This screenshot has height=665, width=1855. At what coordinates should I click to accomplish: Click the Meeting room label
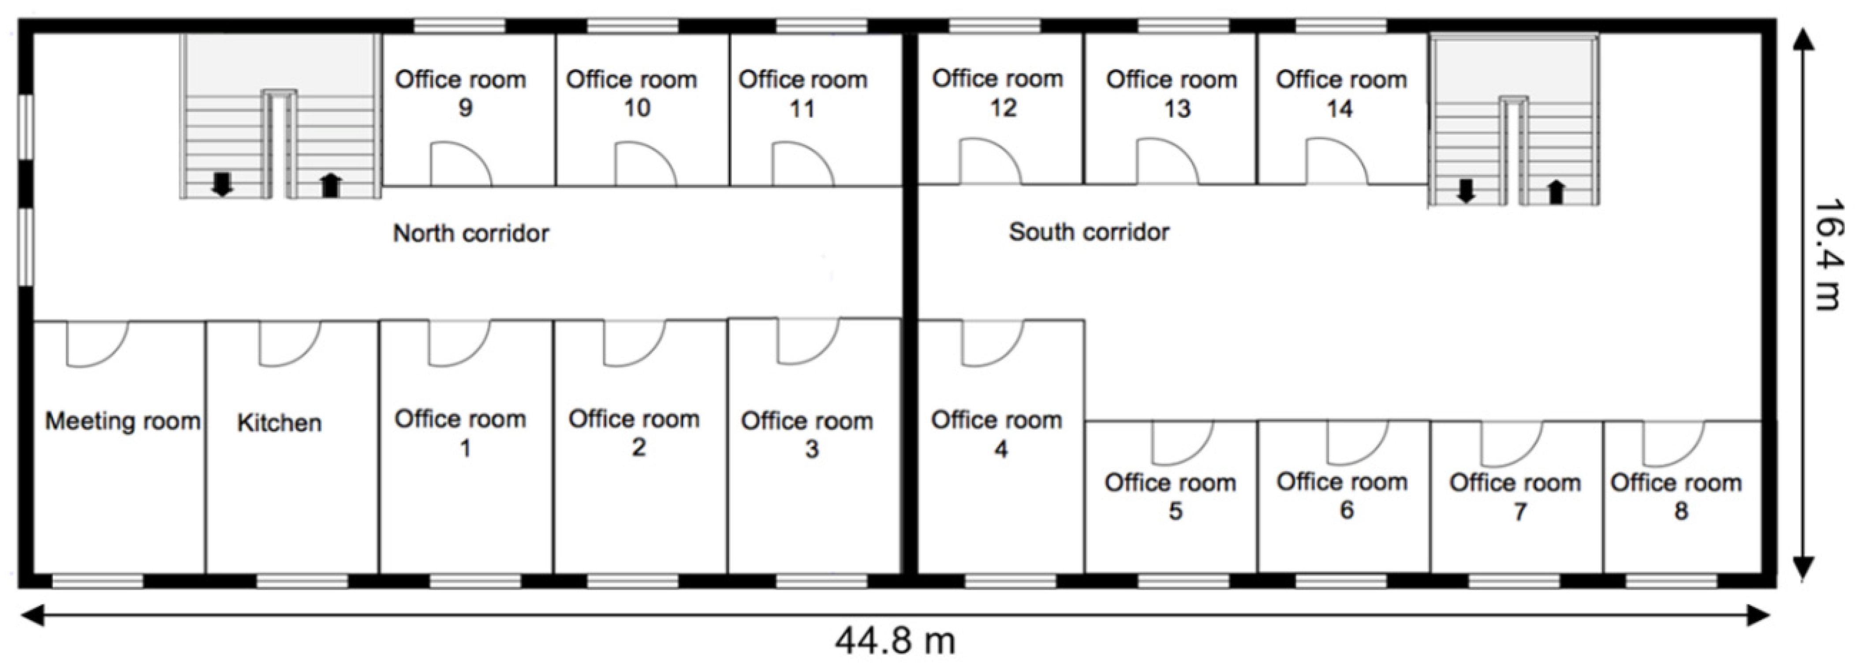[123, 421]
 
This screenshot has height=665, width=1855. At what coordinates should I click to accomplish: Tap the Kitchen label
[280, 423]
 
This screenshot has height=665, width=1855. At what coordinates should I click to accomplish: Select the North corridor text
[471, 233]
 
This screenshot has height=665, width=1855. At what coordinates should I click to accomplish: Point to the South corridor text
[1089, 232]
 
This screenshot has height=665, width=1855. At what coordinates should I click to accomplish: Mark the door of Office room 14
[1336, 163]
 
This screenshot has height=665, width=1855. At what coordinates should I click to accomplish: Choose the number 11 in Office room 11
[802, 109]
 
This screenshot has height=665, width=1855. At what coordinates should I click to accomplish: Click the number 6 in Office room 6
[1346, 510]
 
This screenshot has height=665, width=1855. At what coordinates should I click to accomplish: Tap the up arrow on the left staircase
[330, 185]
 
